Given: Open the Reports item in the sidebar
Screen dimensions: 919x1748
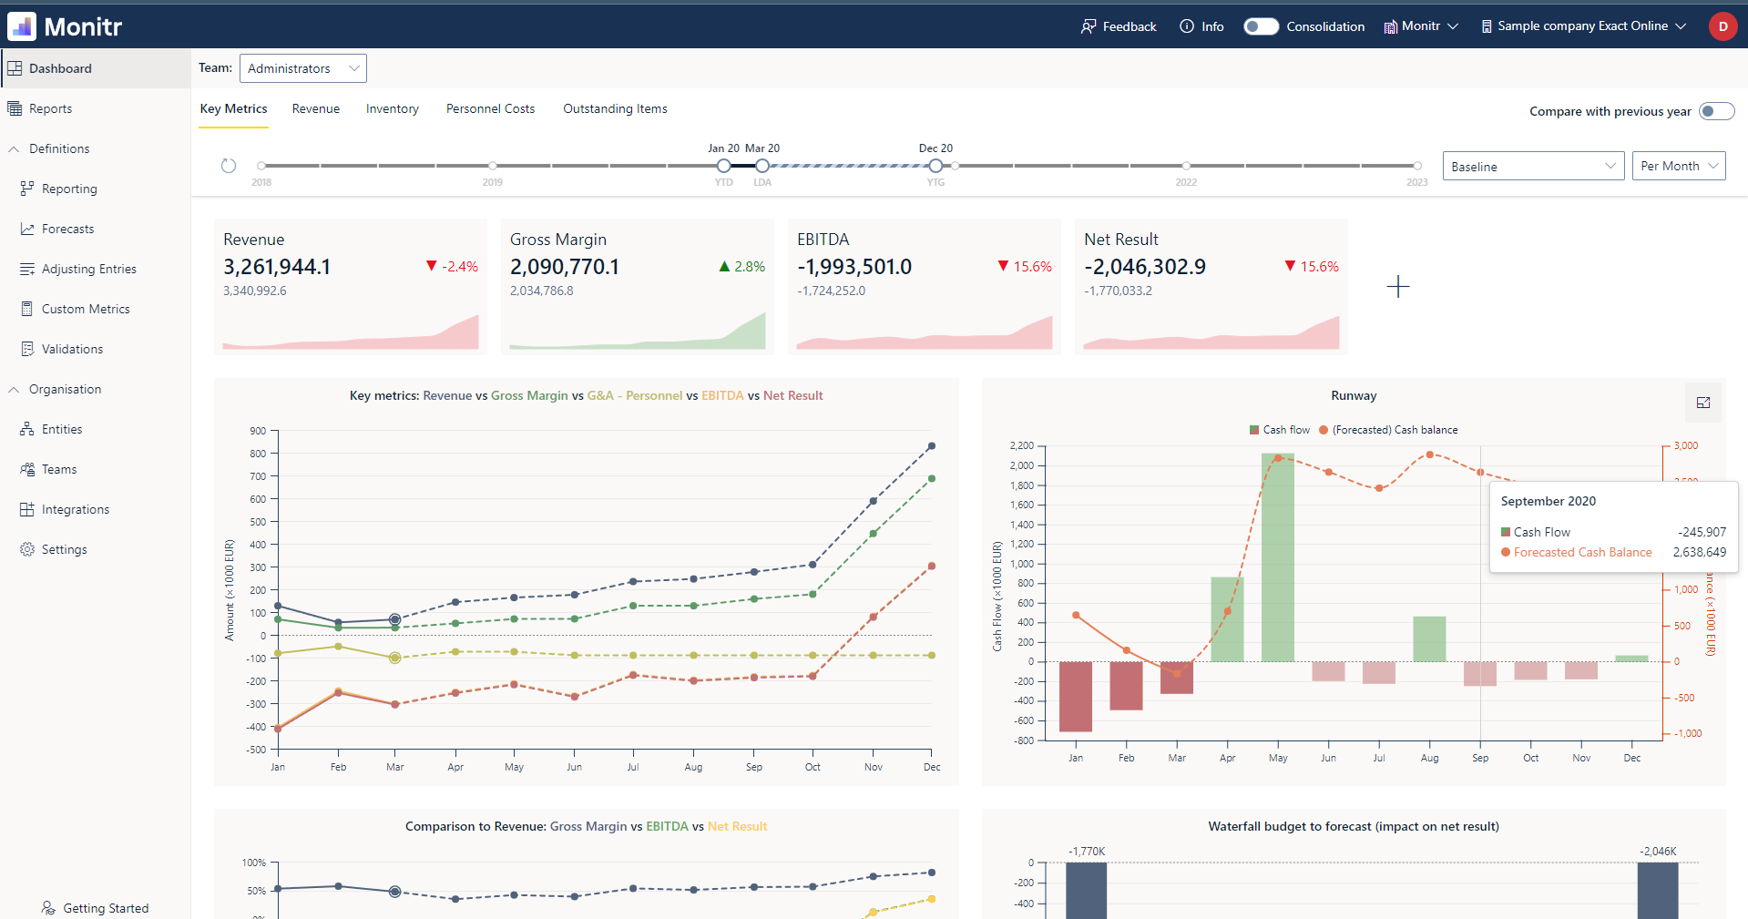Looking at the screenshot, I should (x=50, y=108).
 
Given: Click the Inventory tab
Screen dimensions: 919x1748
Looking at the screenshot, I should (x=392, y=108).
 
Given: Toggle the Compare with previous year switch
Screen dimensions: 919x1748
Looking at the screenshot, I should (x=1716, y=111).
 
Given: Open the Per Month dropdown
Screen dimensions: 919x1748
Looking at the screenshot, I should (x=1678, y=166).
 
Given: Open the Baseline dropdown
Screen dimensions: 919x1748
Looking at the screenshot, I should (x=1532, y=167).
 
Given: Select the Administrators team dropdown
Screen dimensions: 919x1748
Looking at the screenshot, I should (x=302, y=68).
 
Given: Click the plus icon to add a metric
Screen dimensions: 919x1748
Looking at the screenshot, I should (x=1397, y=287).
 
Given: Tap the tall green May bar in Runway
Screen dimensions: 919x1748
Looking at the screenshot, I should (x=1277, y=557).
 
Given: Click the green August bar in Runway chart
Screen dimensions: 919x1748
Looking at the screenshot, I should (x=1429, y=639).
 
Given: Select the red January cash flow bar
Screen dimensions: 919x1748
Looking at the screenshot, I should (x=1075, y=696).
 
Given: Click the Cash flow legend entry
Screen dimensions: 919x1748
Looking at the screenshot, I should (x=1280, y=430).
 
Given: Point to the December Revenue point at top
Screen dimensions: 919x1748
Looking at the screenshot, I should (x=931, y=446).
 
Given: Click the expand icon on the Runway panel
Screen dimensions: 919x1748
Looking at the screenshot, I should (x=1702, y=403).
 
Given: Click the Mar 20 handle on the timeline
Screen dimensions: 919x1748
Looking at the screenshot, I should (x=762, y=166).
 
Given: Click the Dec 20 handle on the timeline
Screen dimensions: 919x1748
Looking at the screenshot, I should (x=935, y=166).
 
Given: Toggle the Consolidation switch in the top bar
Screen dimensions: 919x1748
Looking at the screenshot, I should (x=1262, y=26).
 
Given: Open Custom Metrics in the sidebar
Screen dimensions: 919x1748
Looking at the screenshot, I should (x=85, y=309).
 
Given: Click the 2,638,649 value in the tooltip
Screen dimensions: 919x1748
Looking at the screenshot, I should (x=1699, y=552).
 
